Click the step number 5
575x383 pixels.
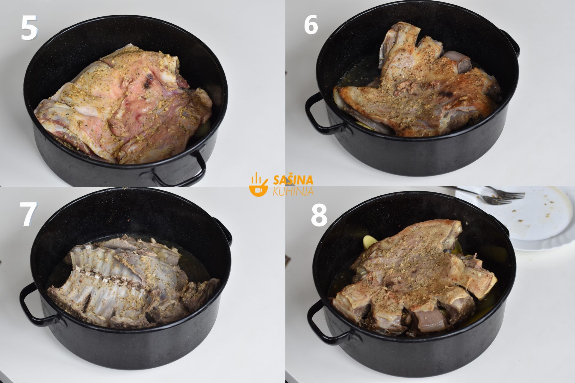(x=29, y=28)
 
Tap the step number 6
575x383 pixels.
(x=311, y=25)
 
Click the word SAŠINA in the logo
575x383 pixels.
(x=293, y=180)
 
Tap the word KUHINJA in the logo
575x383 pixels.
(x=293, y=191)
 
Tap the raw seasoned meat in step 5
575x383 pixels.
(x=123, y=105)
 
